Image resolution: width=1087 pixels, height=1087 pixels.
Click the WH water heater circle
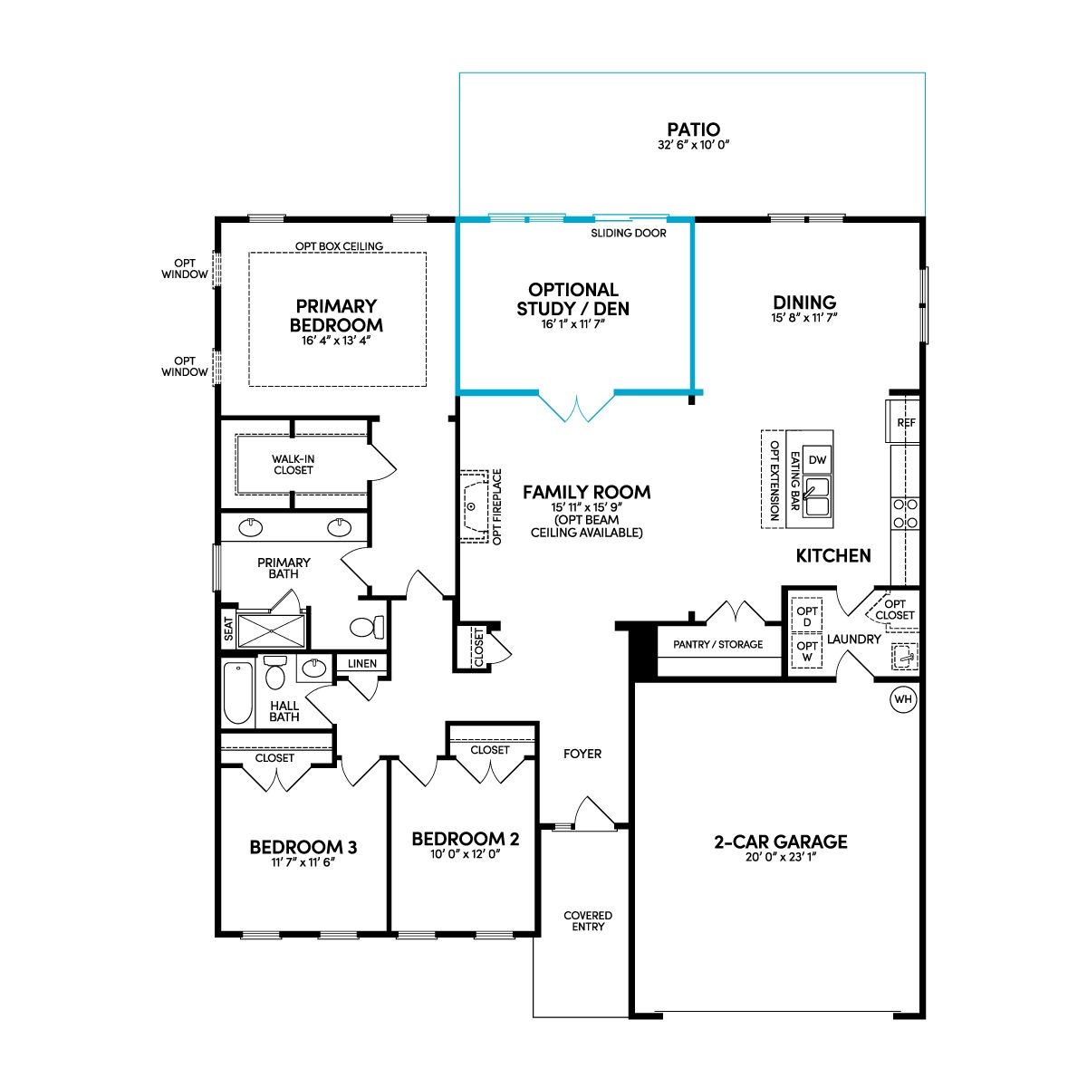click(902, 699)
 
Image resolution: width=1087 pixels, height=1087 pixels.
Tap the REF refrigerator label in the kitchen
click(906, 422)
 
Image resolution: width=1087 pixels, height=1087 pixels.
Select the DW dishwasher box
click(817, 460)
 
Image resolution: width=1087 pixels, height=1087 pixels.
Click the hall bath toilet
click(274, 672)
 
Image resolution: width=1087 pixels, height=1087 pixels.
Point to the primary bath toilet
click(367, 627)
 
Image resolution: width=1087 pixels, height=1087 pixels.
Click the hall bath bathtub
click(237, 693)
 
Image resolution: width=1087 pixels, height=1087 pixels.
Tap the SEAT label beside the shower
click(228, 629)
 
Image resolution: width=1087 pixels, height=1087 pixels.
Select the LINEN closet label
click(362, 663)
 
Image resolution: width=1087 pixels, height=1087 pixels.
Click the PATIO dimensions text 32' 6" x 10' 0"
click(693, 144)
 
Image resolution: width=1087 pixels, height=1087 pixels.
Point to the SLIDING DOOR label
click(629, 233)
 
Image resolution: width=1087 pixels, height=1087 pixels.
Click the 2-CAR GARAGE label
click(781, 842)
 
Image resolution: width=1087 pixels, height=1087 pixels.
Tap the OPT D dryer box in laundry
click(807, 616)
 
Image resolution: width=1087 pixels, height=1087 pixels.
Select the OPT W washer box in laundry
click(807, 651)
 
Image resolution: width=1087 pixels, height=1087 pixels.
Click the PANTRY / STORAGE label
click(717, 644)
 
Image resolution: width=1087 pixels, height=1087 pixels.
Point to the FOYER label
click(582, 754)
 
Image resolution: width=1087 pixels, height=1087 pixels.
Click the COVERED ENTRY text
click(588, 920)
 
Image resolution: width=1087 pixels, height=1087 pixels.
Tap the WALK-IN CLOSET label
click(293, 465)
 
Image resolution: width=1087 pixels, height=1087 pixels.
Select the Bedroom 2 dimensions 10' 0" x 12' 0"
click(465, 854)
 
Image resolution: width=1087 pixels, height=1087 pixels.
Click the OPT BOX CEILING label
click(339, 246)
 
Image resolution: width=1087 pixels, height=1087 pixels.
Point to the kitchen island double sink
click(817, 497)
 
